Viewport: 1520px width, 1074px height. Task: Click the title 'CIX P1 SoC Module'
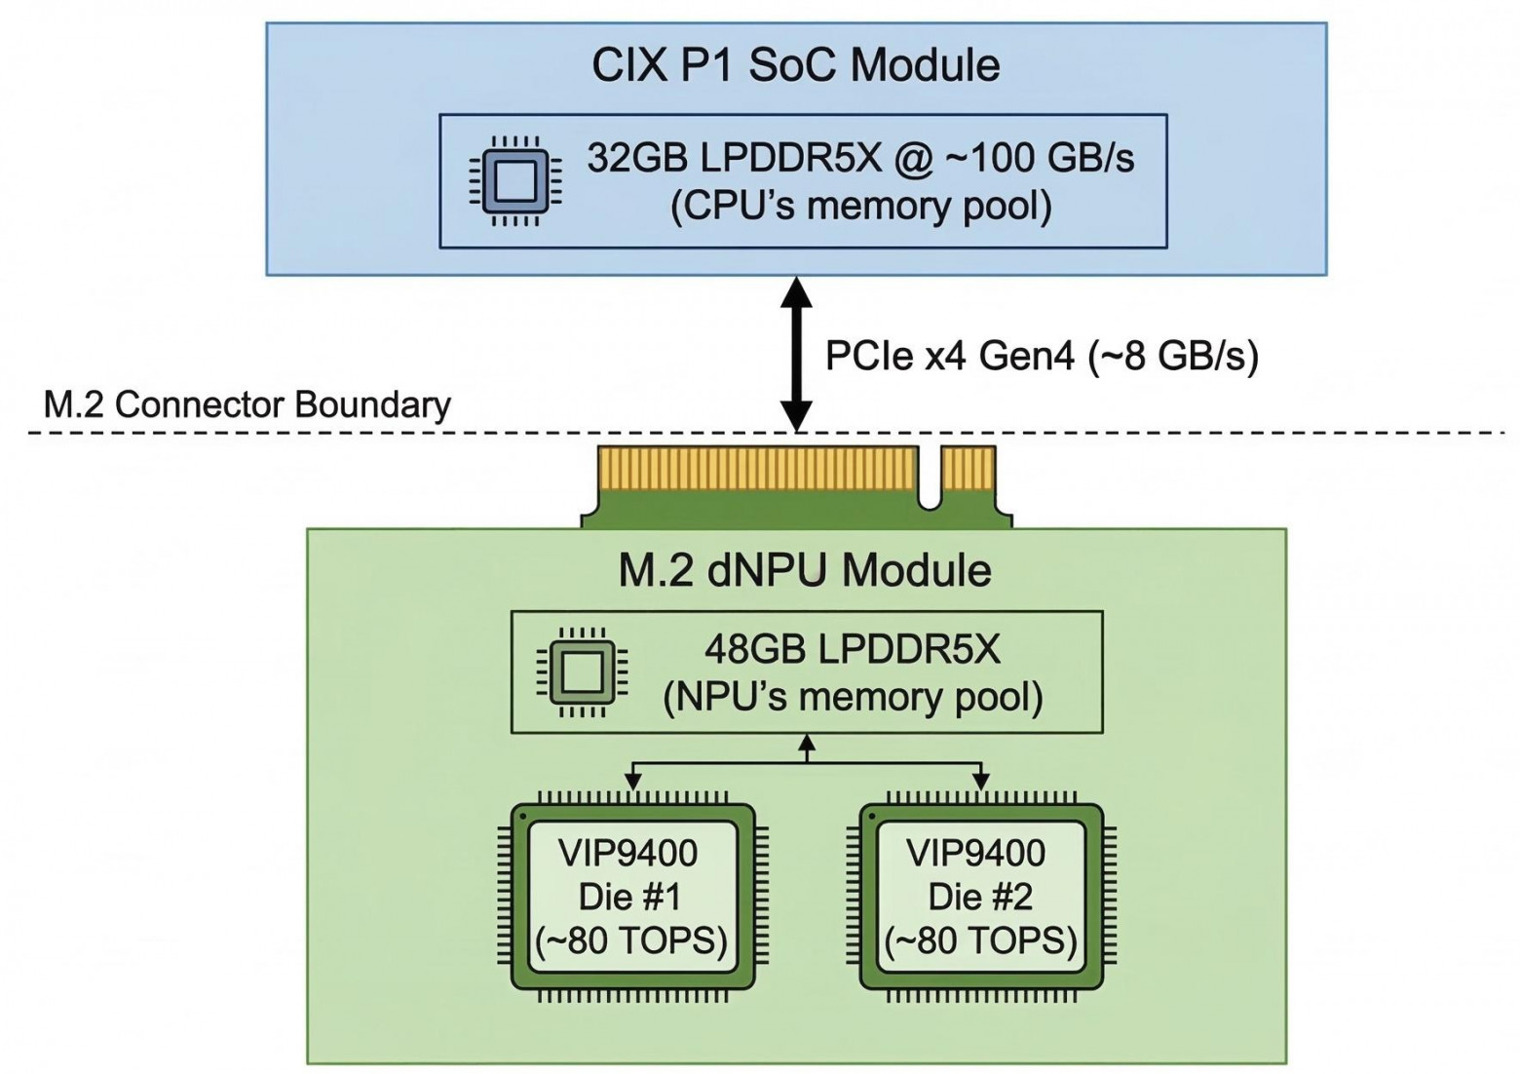pos(795,65)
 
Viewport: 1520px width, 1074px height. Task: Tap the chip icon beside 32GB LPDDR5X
pos(514,181)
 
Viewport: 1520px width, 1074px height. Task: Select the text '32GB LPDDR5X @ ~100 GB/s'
pos(860,157)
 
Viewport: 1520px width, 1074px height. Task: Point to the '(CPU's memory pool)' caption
pos(860,207)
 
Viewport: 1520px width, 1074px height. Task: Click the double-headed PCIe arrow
pos(797,354)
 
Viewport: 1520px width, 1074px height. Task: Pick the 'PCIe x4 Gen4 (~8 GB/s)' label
pos(1041,356)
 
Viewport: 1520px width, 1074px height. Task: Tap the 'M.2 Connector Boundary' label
pos(247,404)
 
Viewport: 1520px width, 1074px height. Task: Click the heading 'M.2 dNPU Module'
pos(805,570)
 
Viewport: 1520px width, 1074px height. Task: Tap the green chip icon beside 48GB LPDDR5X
pos(582,671)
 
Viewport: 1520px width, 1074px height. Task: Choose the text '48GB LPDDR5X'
pos(852,649)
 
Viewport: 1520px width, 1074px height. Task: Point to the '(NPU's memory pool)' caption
pos(852,698)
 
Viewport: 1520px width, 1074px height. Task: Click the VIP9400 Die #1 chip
pos(632,897)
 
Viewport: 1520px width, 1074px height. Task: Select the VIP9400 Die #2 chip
pos(980,897)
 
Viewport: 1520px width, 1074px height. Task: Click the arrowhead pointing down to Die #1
pos(633,782)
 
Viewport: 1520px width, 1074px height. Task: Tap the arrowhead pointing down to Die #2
pos(980,782)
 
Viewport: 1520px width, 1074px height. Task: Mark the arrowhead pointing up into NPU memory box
pos(806,743)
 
